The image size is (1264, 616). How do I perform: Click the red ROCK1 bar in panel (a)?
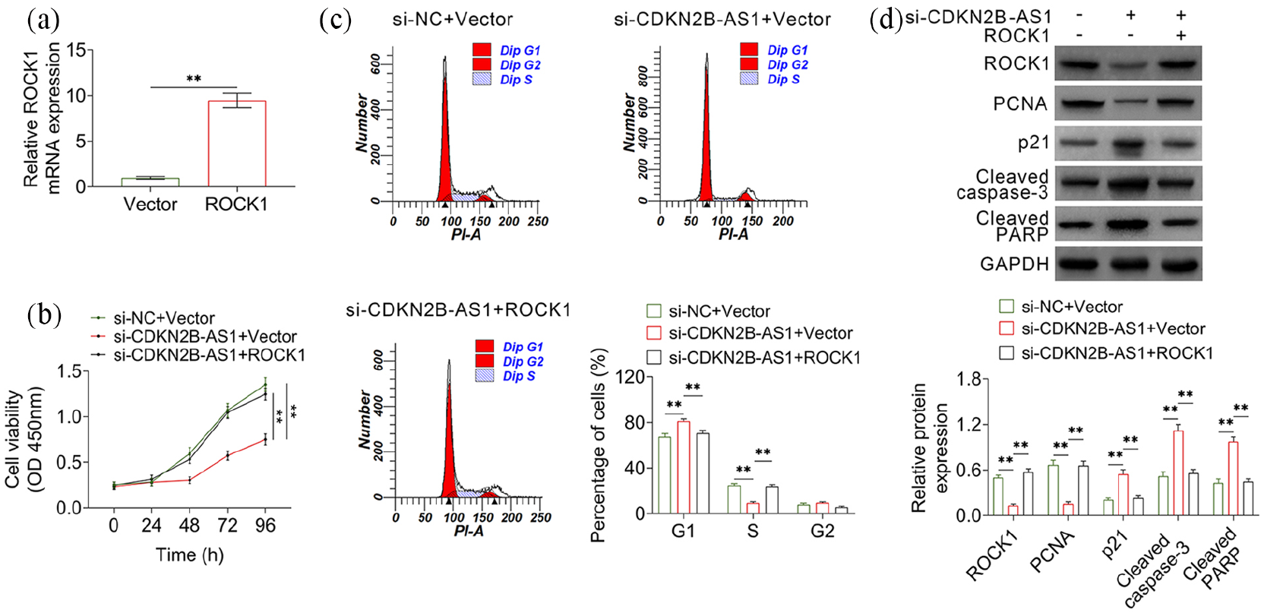tap(237, 144)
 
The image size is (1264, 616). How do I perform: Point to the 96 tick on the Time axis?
tap(265, 526)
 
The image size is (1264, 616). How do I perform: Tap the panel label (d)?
tap(886, 21)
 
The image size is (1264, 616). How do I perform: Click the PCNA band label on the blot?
tap(1019, 104)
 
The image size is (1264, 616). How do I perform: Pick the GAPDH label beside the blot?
tap(1014, 264)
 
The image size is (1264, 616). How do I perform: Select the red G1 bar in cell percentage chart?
tap(684, 467)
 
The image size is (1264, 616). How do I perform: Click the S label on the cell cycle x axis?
tap(753, 532)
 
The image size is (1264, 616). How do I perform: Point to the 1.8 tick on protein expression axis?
tap(966, 379)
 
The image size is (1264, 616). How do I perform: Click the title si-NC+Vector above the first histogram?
tap(453, 19)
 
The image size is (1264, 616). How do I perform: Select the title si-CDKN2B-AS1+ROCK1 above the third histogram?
tap(458, 310)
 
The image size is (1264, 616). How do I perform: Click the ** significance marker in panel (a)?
tap(194, 79)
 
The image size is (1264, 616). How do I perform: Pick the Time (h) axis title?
tap(190, 555)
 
